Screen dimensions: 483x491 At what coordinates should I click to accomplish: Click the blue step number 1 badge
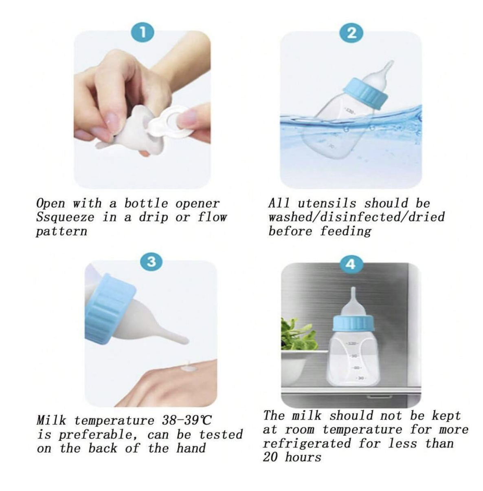point(142,33)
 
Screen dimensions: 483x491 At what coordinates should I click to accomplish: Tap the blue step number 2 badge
point(351,33)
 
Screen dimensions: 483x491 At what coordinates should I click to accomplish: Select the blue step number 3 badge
point(151,261)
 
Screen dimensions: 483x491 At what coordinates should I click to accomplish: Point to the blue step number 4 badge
point(351,265)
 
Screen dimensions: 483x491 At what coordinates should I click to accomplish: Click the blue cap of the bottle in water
point(365,93)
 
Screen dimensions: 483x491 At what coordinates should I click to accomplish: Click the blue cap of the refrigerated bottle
point(354,323)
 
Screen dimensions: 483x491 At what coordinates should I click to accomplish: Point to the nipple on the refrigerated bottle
point(353,302)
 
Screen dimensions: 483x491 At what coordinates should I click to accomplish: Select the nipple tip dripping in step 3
point(185,341)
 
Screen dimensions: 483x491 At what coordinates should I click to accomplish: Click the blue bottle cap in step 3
point(110,307)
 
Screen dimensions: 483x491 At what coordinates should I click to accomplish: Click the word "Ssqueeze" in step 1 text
point(65,217)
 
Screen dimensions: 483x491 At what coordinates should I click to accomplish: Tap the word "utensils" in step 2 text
point(327,203)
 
